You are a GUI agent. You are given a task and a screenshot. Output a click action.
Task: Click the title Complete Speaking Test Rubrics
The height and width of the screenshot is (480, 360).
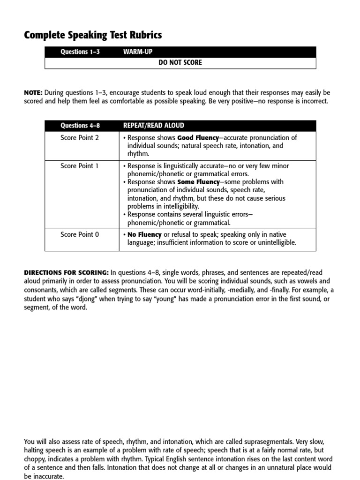coord(93,35)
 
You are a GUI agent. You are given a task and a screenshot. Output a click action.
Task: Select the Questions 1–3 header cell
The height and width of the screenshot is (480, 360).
coord(80,52)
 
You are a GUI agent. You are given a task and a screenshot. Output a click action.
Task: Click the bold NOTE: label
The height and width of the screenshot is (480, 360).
coord(33,93)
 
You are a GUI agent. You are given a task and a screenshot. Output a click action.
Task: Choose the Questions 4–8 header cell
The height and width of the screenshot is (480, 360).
coord(80,126)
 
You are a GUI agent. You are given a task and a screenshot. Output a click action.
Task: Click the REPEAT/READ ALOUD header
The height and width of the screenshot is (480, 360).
coord(153,126)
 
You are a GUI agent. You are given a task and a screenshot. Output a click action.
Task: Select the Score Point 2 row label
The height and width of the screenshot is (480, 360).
coord(80,138)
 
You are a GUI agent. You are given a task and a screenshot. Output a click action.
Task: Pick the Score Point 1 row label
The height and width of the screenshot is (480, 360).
coord(80,166)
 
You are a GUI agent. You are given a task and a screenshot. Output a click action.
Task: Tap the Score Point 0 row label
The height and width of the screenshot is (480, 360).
coord(80,234)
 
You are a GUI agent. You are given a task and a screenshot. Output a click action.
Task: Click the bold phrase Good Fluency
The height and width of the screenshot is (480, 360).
coord(197,138)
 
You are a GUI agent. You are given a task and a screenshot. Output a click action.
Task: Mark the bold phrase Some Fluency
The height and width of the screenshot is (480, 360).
coord(198,182)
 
